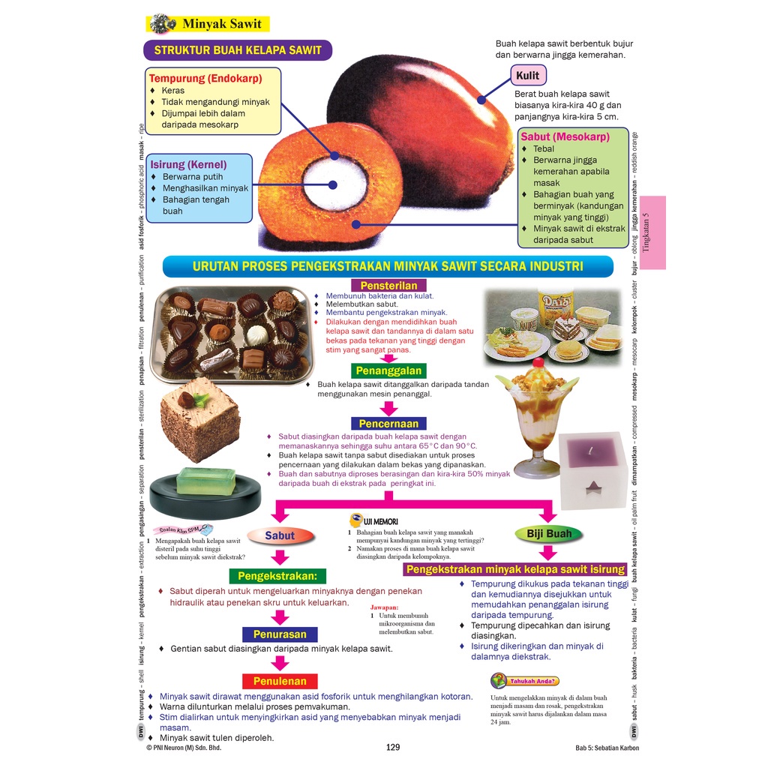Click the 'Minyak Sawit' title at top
pos(221,24)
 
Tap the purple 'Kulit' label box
pos(528,76)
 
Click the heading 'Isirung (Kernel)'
pos(188,164)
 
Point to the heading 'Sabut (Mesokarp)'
pos(565,136)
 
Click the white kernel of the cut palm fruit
pos(330,184)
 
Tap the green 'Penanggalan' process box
pos(388,370)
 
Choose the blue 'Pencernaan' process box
pos(388,423)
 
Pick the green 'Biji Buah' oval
pos(548,534)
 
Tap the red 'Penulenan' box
pos(280,681)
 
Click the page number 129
pos(393,747)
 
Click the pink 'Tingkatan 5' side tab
pos(653,232)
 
